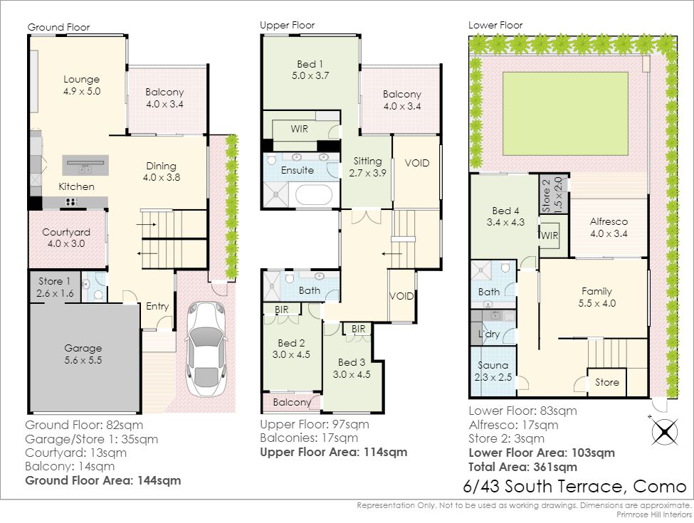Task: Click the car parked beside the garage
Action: click(x=206, y=349)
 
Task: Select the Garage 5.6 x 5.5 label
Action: click(x=83, y=354)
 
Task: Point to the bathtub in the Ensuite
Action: click(x=313, y=195)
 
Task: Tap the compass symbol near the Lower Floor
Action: click(x=664, y=431)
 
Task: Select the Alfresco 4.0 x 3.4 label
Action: click(x=609, y=228)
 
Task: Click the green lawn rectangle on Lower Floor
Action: click(x=566, y=114)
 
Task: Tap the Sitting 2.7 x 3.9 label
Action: click(x=367, y=167)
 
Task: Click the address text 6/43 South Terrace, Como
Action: click(x=574, y=486)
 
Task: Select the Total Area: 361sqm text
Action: click(x=522, y=467)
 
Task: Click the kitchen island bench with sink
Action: click(x=85, y=166)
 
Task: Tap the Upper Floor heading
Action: click(x=288, y=25)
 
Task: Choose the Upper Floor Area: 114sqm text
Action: click(x=333, y=453)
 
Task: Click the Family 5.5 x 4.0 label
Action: click(x=596, y=297)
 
